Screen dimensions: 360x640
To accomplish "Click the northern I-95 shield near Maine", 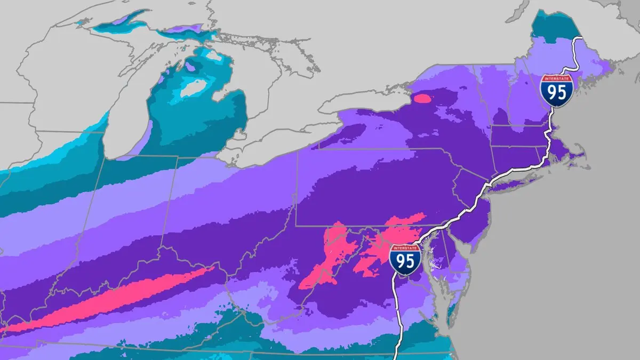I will pyautogui.click(x=556, y=91).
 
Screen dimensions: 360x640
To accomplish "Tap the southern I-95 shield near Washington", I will pyautogui.click(x=405, y=260).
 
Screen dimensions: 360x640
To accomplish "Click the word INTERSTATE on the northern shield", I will pyautogui.click(x=556, y=79).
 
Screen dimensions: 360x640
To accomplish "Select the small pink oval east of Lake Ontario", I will pyautogui.click(x=422, y=98).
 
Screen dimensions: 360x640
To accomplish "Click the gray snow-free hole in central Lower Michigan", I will pyautogui.click(x=193, y=88).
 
